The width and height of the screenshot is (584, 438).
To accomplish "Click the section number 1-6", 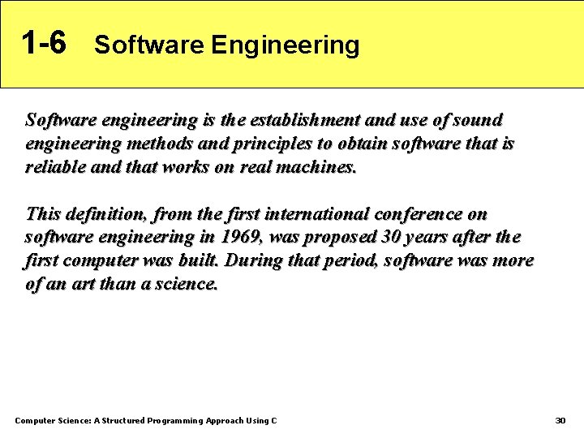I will tap(44, 43).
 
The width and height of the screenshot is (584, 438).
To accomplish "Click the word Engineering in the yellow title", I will tap(285, 45).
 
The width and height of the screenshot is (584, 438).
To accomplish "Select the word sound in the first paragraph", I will tap(478, 120).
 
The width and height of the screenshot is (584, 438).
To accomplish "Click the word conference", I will tap(421, 214).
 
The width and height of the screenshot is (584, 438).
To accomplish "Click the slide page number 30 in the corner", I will tap(560, 421).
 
